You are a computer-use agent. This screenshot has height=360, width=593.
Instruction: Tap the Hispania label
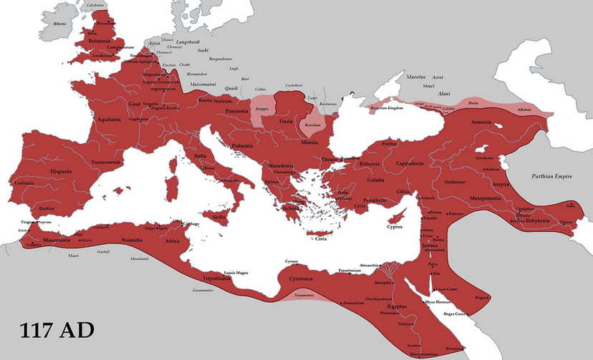click(x=61, y=172)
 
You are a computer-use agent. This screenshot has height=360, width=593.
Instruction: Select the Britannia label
click(x=99, y=41)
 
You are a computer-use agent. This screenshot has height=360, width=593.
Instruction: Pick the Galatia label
click(x=376, y=180)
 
